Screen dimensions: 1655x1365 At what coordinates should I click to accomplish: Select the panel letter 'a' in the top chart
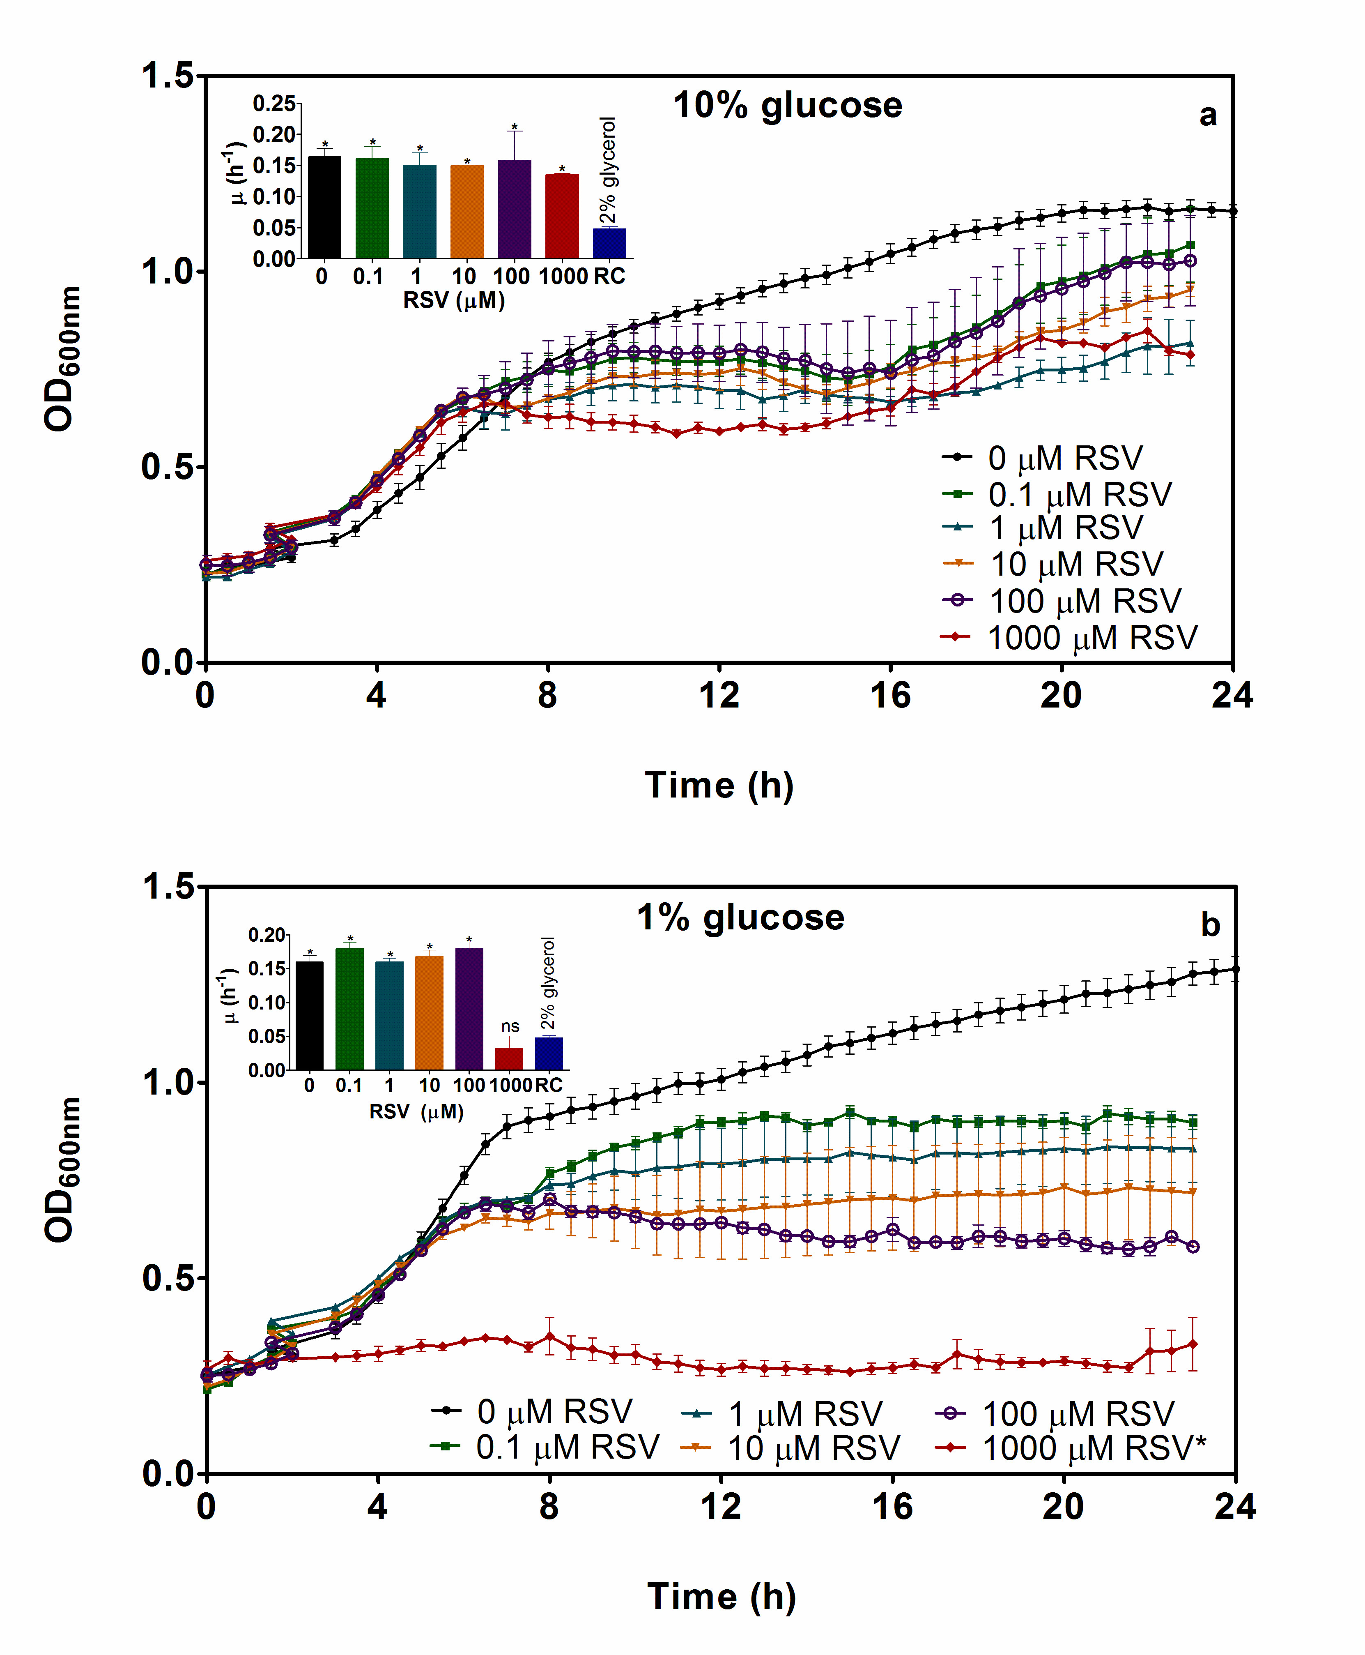[1208, 115]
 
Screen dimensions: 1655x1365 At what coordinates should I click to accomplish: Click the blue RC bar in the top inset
[609, 243]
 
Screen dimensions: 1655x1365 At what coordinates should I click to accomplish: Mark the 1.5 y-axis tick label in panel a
[167, 76]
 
